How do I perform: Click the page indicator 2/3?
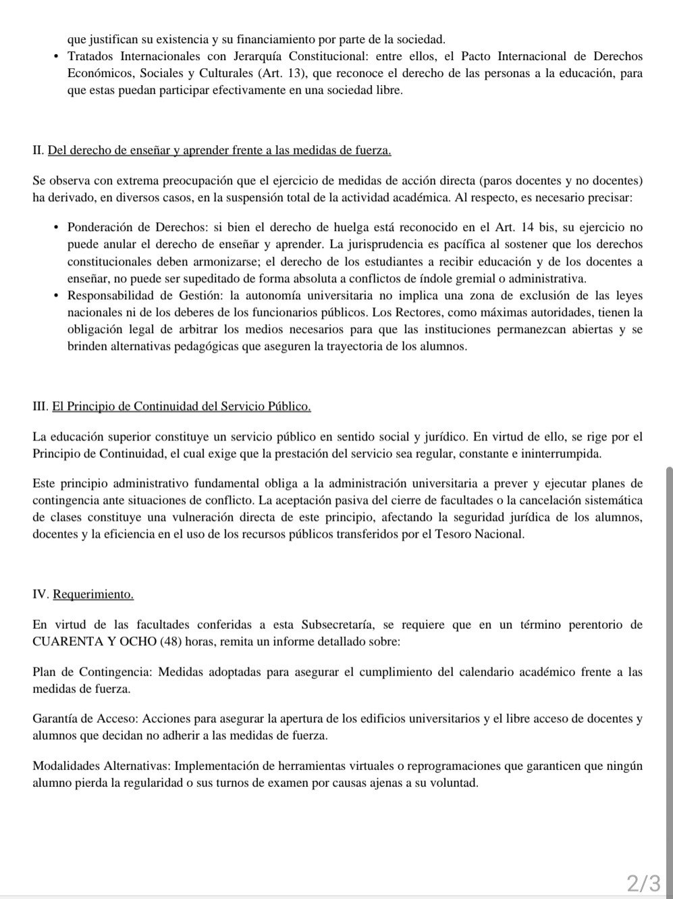coord(643,883)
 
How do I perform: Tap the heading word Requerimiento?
coord(93,594)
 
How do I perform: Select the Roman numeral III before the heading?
coord(40,407)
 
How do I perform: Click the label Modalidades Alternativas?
coord(102,766)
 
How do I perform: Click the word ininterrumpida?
coord(558,454)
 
